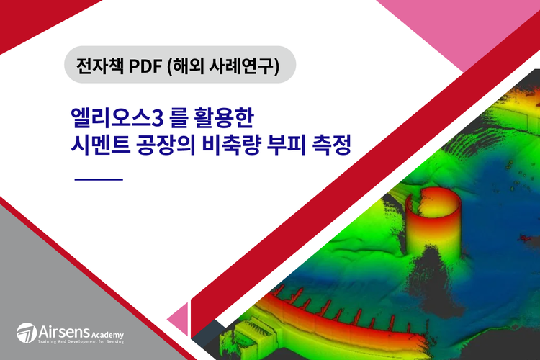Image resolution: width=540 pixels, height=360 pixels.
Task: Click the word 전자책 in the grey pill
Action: pyautogui.click(x=99, y=65)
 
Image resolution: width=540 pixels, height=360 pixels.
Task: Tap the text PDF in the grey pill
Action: pyautogui.click(x=145, y=66)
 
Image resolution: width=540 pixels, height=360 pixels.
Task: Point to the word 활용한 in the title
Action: pyautogui.click(x=224, y=117)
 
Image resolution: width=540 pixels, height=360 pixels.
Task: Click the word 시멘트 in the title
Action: pyautogui.click(x=100, y=145)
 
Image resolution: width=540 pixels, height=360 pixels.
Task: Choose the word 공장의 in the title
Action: pyautogui.click(x=166, y=145)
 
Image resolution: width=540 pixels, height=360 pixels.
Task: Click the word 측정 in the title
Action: pyautogui.click(x=331, y=145)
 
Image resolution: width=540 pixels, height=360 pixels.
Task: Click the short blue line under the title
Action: pyautogui.click(x=99, y=179)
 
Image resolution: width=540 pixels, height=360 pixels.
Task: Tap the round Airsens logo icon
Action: pyautogui.click(x=27, y=333)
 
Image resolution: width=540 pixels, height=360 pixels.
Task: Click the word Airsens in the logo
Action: pyautogui.click(x=64, y=332)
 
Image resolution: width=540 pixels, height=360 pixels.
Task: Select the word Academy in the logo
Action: pyautogui.click(x=107, y=335)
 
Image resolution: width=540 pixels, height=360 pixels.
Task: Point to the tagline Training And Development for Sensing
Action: pyautogui.click(x=81, y=342)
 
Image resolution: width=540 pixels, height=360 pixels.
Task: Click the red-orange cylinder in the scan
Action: pyautogui.click(x=433, y=221)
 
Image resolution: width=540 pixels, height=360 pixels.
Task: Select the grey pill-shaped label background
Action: pyautogui.click(x=180, y=64)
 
